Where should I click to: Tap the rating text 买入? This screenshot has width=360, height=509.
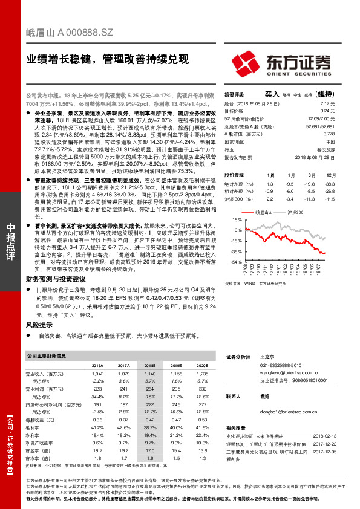(x=272, y=94)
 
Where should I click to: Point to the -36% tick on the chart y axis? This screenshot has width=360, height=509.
(x=236, y=251)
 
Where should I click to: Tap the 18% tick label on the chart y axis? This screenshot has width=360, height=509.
(x=237, y=221)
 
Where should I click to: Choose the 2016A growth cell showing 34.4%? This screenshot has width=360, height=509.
(x=97, y=396)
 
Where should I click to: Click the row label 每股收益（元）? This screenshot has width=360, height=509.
(x=45, y=420)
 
